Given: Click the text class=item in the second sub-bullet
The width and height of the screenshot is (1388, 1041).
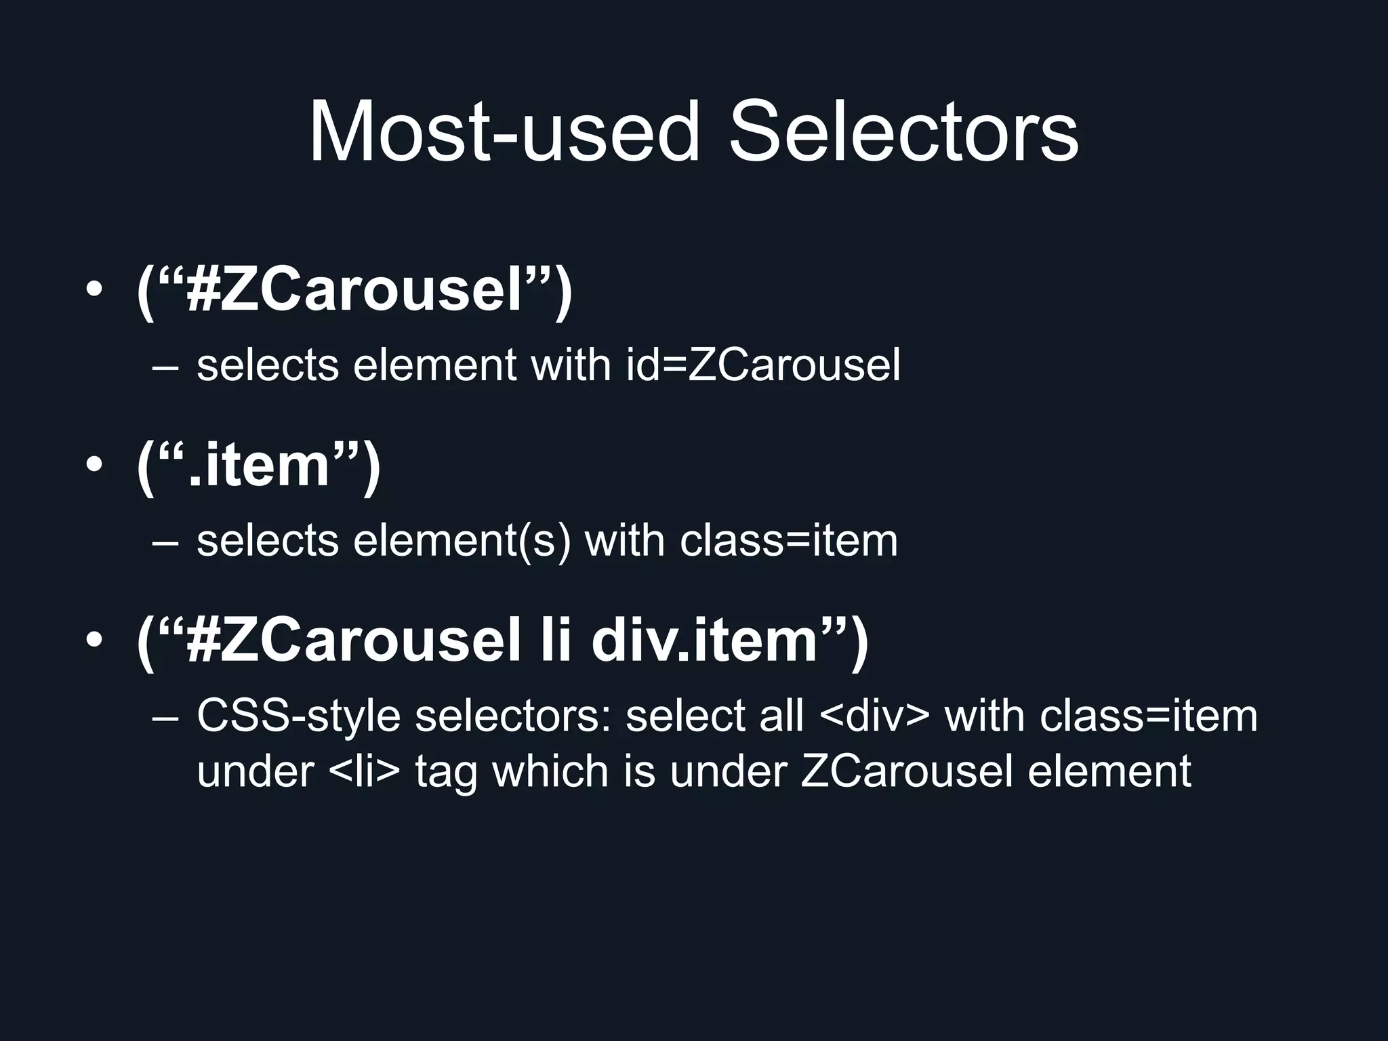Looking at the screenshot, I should point(789,541).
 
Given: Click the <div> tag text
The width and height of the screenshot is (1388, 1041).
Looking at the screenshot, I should point(874,716).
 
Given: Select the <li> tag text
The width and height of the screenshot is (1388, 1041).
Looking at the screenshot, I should point(364,771).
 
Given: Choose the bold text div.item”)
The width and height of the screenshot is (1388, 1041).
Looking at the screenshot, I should point(729,642).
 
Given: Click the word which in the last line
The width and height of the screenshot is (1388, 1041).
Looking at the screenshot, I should point(550,771).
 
